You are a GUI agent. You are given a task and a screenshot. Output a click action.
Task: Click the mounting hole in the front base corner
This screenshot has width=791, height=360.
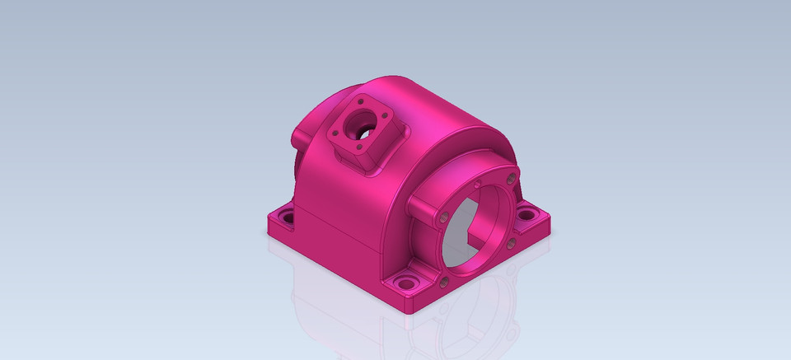(x=405, y=284)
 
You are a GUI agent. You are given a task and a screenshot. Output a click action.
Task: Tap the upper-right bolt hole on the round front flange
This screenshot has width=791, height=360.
(x=512, y=178)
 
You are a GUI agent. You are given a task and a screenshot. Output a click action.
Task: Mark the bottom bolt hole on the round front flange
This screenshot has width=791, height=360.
(x=444, y=283)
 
